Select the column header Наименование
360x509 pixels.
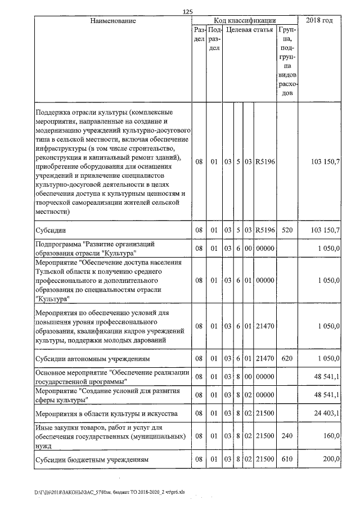pos(113,21)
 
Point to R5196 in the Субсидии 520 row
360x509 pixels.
pos(264,231)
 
